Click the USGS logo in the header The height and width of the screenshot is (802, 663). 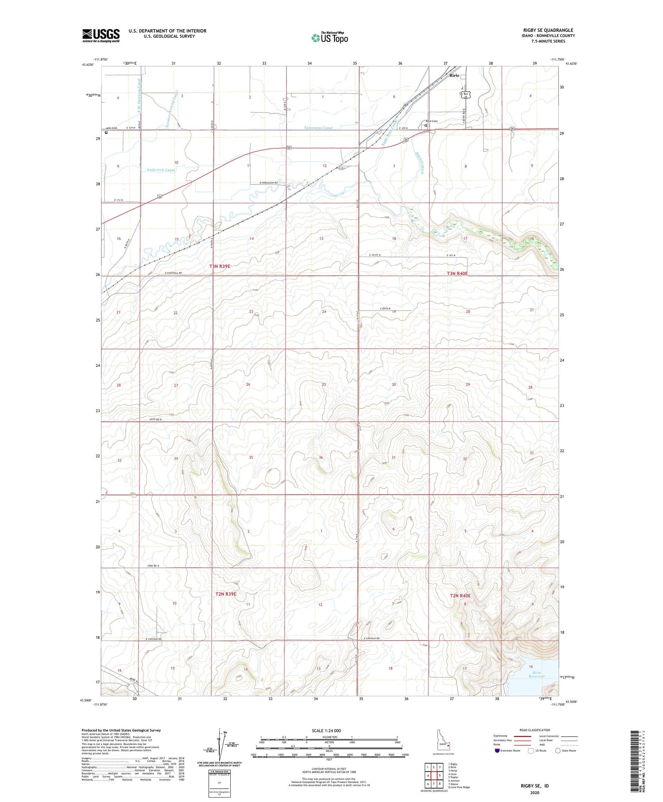101,35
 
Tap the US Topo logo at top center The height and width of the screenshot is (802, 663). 330,38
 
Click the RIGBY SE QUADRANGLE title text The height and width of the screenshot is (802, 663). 548,31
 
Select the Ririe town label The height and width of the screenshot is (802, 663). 455,76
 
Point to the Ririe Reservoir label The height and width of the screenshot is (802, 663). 537,675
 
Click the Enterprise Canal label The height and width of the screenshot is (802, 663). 318,128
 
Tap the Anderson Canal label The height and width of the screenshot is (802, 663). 161,170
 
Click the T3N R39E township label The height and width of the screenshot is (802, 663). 220,266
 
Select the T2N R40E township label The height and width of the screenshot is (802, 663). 460,596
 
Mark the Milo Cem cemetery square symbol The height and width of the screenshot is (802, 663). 106,132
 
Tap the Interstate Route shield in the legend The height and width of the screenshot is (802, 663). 497,751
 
